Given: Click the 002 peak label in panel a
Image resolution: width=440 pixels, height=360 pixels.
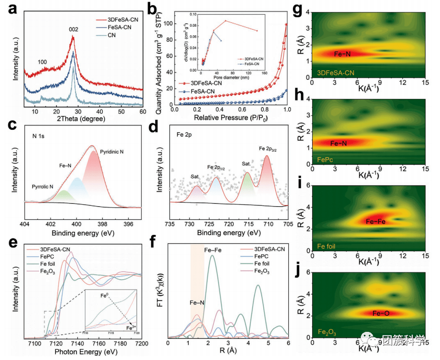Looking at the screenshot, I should pos(74,30).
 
